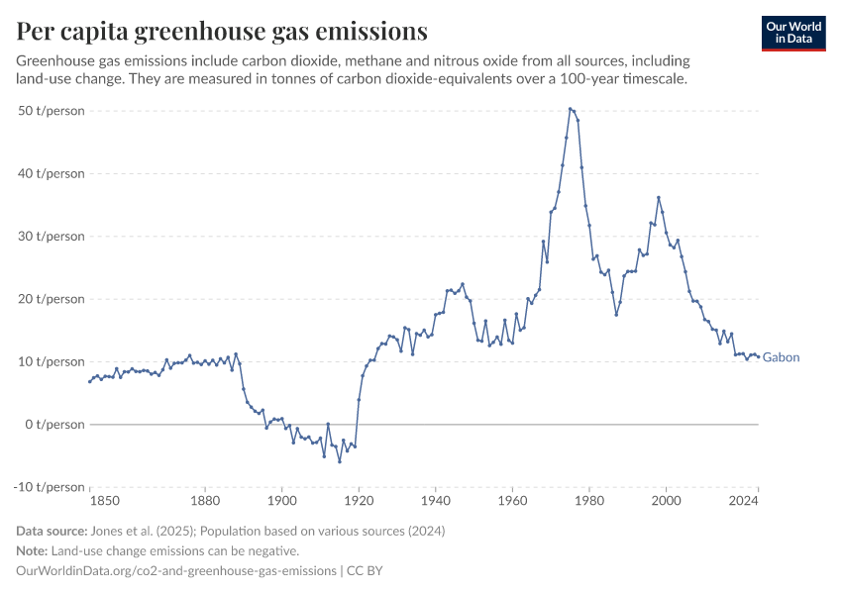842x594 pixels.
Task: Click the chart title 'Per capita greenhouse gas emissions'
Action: point(222,32)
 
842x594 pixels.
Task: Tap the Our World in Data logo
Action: point(793,33)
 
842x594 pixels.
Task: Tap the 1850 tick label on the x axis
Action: point(90,502)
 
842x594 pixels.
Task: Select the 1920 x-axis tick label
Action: point(359,502)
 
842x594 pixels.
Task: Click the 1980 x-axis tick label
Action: point(589,502)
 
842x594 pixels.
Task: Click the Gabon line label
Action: point(781,357)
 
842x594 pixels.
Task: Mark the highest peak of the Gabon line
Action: point(571,109)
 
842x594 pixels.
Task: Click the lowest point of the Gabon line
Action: point(340,461)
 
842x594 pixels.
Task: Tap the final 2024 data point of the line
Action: point(758,356)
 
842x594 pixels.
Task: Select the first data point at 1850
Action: point(90,381)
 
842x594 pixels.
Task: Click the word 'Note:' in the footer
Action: point(34,550)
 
